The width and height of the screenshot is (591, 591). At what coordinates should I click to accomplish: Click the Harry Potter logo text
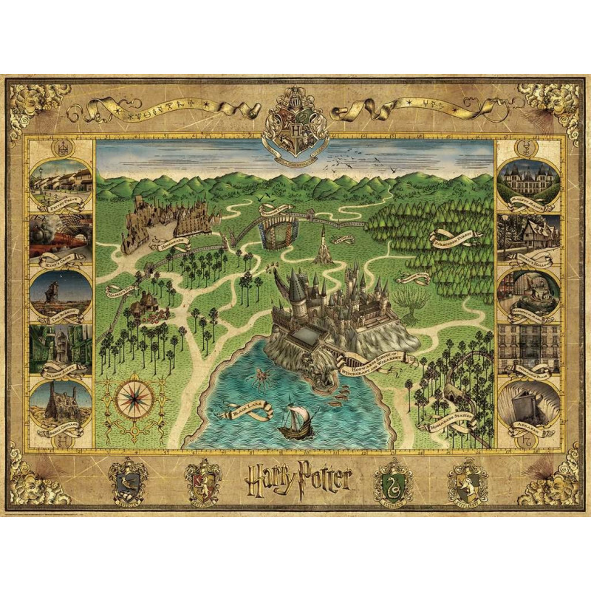point(296,481)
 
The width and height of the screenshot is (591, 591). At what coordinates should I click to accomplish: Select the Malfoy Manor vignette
point(529,180)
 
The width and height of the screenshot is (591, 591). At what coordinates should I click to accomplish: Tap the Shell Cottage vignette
point(61,404)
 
